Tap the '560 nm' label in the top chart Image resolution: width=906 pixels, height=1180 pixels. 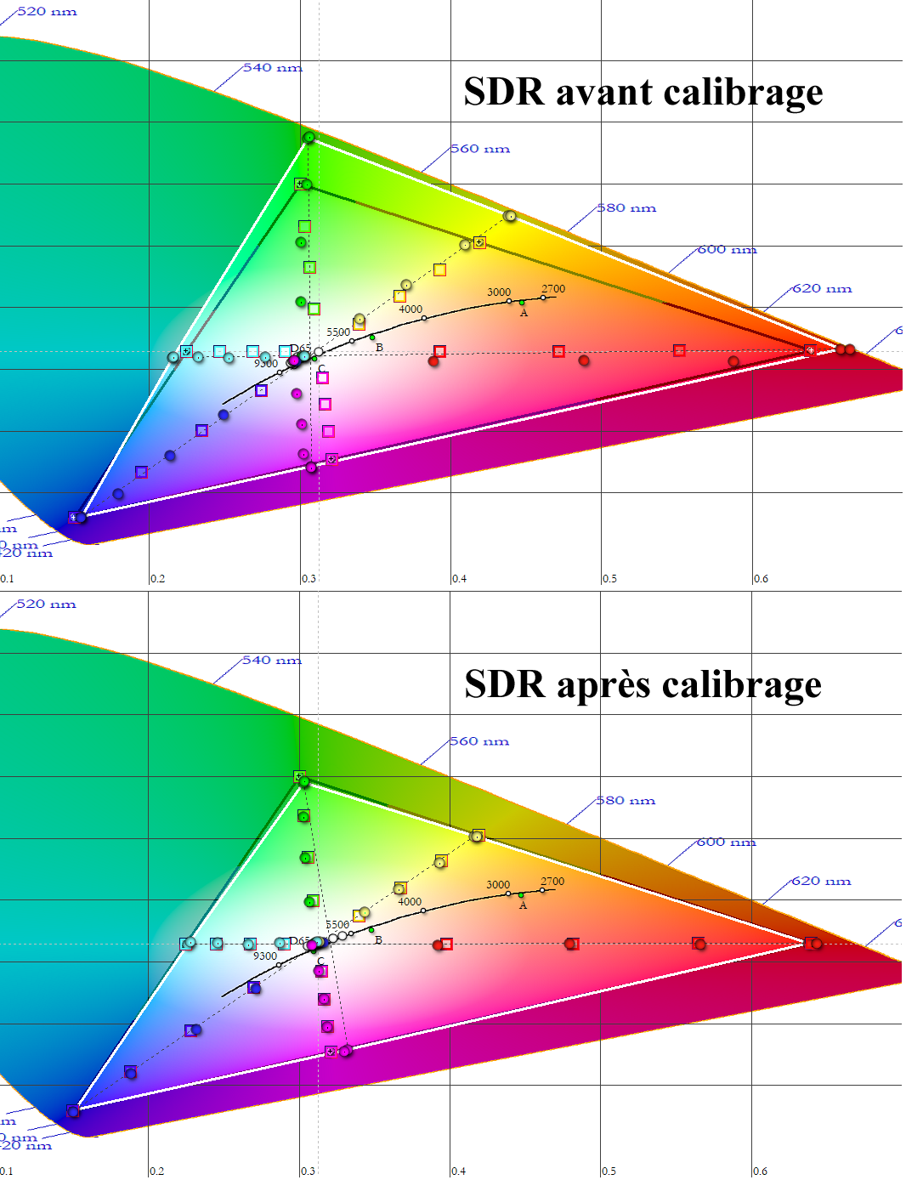(x=479, y=149)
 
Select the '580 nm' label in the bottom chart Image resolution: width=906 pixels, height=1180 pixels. (x=626, y=801)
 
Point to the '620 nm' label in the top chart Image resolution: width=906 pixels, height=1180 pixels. (x=822, y=289)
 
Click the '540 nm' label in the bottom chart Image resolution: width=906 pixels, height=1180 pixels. (x=271, y=661)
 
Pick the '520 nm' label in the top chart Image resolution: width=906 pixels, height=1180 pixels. (x=47, y=12)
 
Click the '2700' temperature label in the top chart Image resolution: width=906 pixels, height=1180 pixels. (x=553, y=289)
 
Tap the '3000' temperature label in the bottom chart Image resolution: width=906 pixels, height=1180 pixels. (x=498, y=885)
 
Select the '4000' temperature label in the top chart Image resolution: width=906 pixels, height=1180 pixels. (x=411, y=309)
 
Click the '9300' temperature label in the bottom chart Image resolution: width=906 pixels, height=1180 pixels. (x=265, y=956)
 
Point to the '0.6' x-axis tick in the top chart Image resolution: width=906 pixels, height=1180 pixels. (x=761, y=579)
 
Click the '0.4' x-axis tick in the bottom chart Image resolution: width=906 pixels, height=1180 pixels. (x=459, y=1171)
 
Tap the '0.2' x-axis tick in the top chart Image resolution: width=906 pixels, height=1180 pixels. (x=158, y=579)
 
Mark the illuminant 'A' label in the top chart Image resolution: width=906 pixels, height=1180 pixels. (x=524, y=313)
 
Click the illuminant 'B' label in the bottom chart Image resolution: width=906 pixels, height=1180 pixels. (x=378, y=940)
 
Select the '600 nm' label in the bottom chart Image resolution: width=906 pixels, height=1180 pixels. (x=726, y=842)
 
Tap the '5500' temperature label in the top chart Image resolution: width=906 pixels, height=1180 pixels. (x=338, y=332)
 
